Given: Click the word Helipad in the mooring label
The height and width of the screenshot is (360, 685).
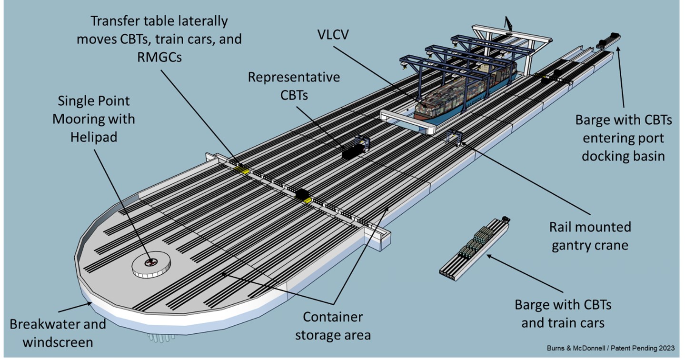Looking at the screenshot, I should (94, 137).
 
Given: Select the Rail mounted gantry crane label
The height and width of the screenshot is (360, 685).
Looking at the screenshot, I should (590, 236).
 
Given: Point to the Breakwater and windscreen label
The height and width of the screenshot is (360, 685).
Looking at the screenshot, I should (58, 333).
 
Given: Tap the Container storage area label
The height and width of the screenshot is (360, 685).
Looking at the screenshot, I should (333, 326).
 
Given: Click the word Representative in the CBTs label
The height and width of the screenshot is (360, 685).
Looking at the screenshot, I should (294, 77).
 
